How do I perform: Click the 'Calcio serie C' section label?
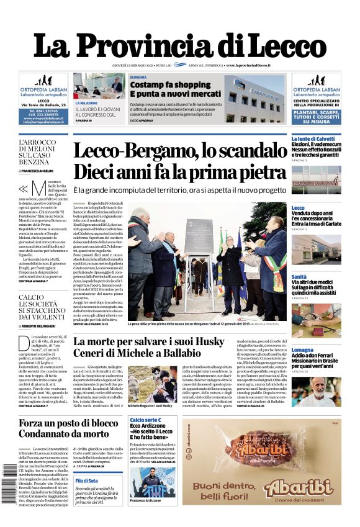pyautogui.click(x=145, y=420)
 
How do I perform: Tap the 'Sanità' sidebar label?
pyautogui.click(x=299, y=276)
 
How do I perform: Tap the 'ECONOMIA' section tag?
pyautogui.click(x=139, y=77)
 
